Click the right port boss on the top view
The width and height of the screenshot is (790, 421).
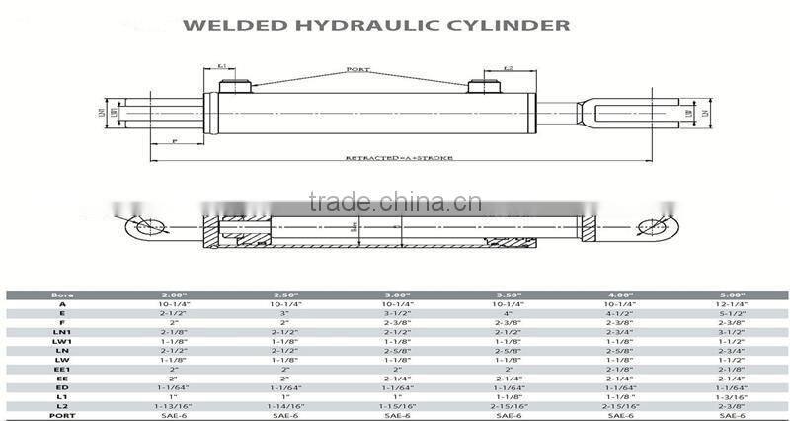(481, 86)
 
